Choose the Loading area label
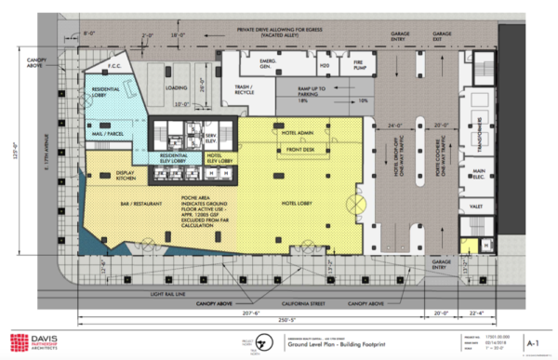tap(176, 90)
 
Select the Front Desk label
tap(300, 149)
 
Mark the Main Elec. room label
tap(479, 173)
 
